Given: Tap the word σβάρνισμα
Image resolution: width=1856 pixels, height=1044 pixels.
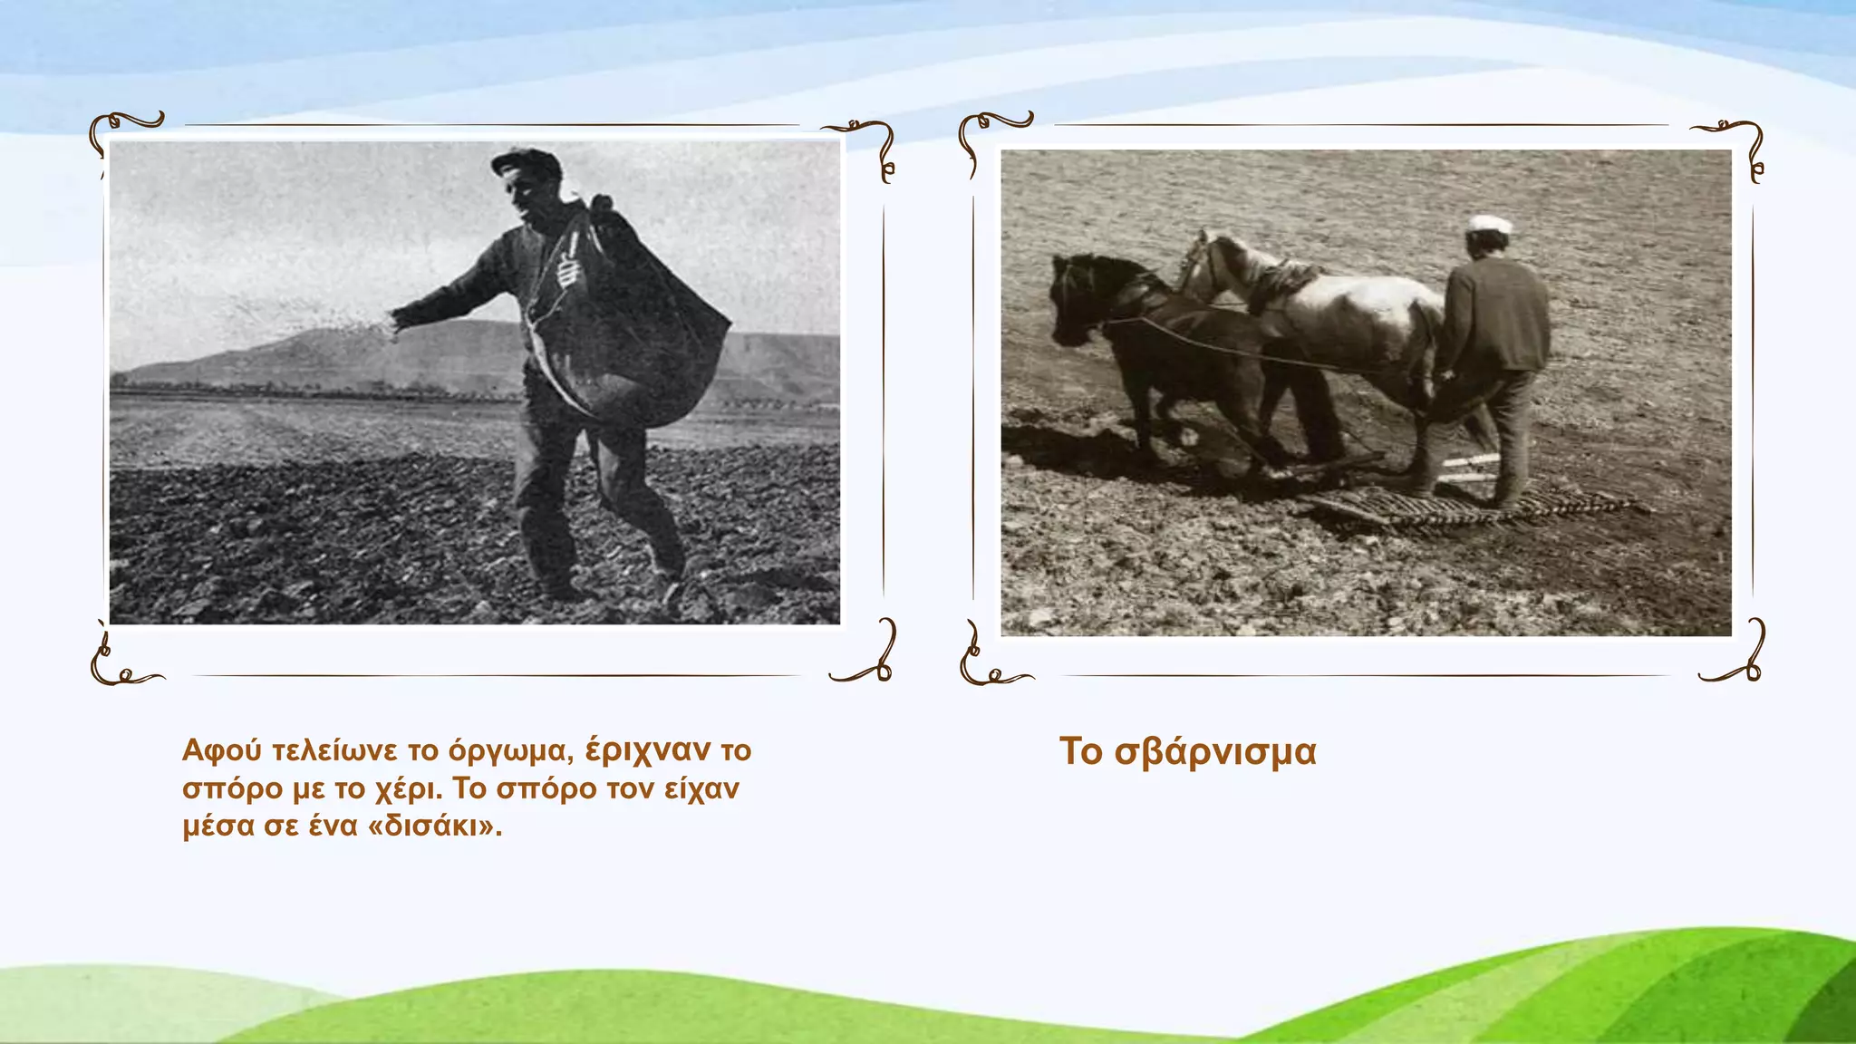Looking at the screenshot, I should tap(1215, 752).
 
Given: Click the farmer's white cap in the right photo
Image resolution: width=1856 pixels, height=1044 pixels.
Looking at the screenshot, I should tap(1490, 224).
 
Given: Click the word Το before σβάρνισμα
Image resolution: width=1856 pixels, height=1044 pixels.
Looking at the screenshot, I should tap(1080, 752).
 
